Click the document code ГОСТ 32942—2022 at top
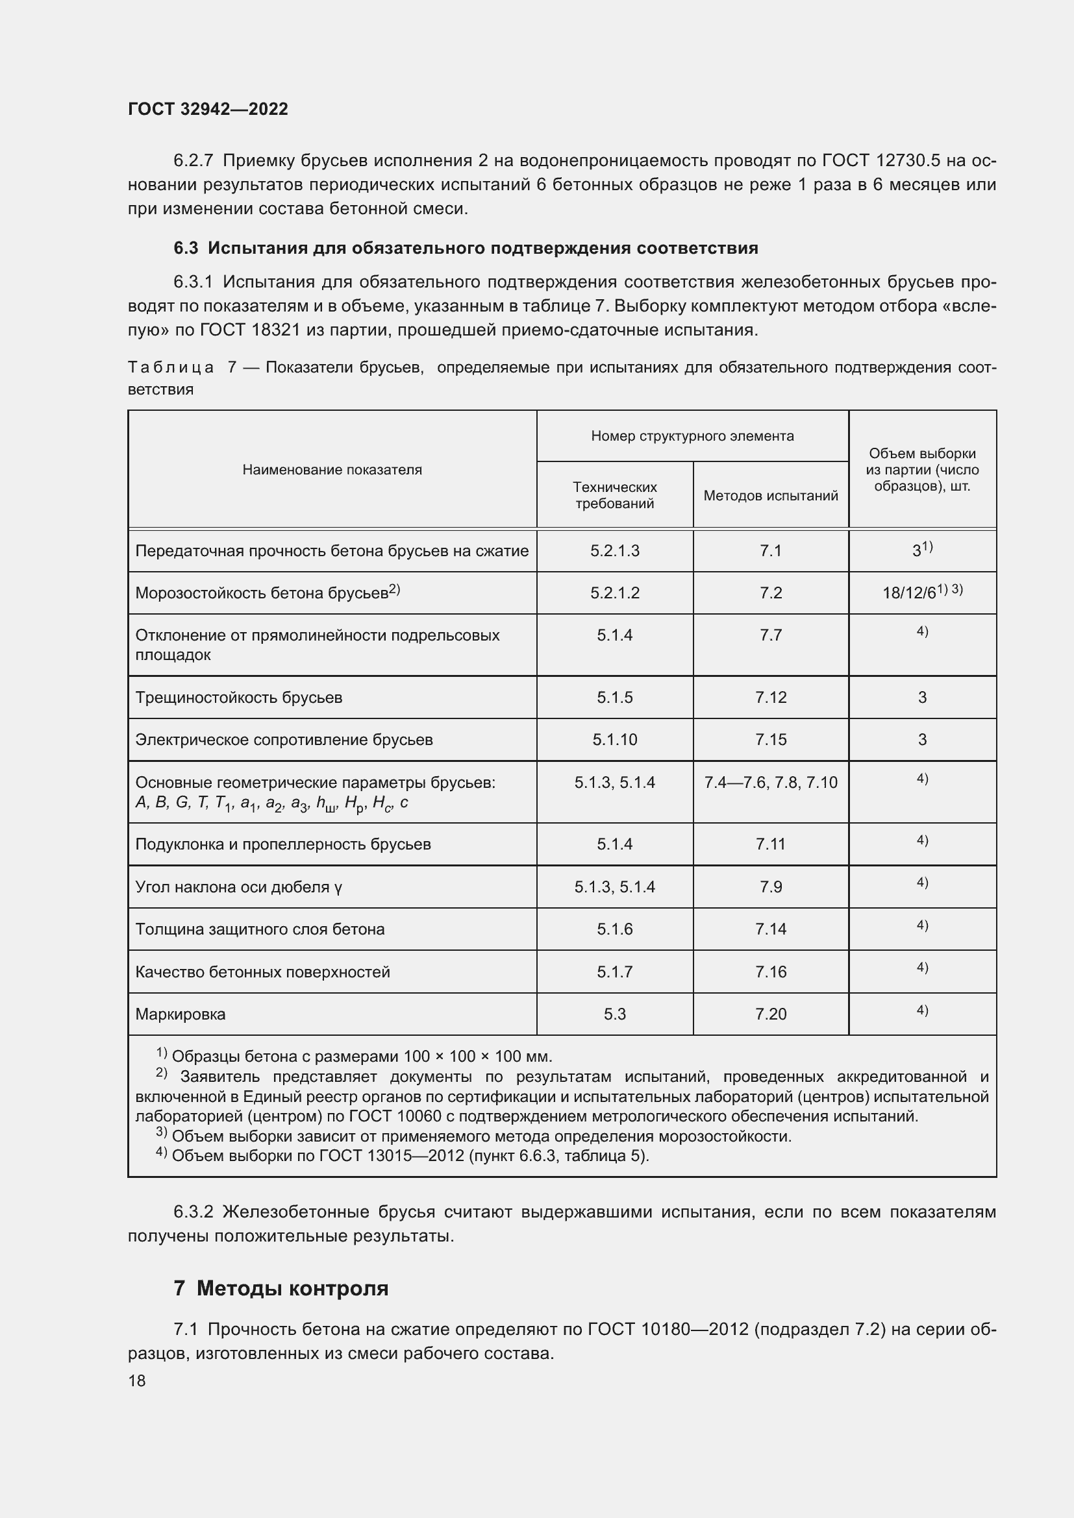[x=208, y=109]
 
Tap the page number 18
[x=137, y=1380]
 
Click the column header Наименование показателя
[x=332, y=469]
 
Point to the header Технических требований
[x=614, y=495]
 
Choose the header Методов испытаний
[x=771, y=495]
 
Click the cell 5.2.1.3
[x=614, y=551]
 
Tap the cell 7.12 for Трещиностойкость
[x=771, y=698]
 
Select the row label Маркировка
[x=181, y=1014]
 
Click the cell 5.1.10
[x=614, y=740]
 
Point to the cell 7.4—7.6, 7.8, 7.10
[x=771, y=783]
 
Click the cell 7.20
[x=771, y=1014]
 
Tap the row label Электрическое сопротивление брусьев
[x=284, y=740]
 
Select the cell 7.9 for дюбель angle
[x=771, y=887]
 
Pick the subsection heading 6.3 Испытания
[x=466, y=248]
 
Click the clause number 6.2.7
[x=193, y=161]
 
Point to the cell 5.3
[x=614, y=1014]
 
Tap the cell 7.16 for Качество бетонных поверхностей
[x=771, y=972]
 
